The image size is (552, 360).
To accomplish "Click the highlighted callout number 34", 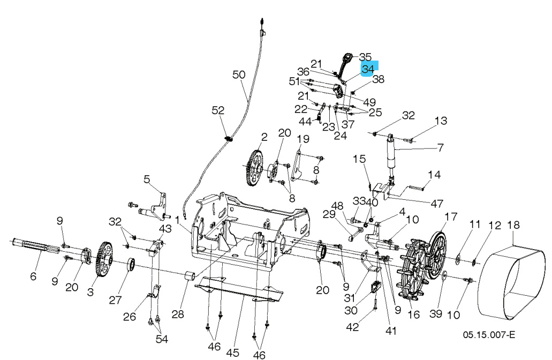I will click(x=369, y=69).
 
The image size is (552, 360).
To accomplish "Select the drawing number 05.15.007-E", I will click(x=489, y=335).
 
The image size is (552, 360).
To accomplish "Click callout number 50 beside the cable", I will click(x=239, y=75).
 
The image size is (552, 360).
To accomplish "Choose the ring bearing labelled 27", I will click(x=130, y=265).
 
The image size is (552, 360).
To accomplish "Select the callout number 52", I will click(x=218, y=110).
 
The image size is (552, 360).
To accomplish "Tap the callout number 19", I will click(x=303, y=139).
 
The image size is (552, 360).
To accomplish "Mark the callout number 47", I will click(x=437, y=203).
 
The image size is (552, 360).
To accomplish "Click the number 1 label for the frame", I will click(x=177, y=220).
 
